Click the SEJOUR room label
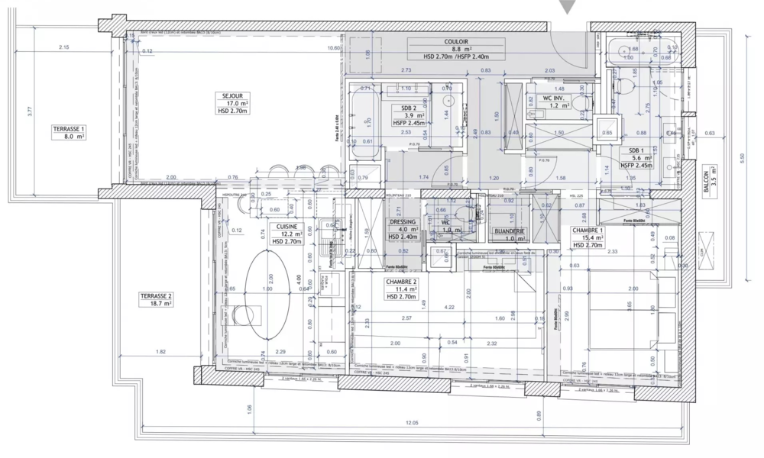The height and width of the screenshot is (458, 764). click(222, 96)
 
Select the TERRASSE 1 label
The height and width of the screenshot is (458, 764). click(69, 129)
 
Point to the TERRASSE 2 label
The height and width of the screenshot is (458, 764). click(155, 295)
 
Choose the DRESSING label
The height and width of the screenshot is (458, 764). click(403, 222)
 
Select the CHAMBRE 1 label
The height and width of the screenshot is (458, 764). click(590, 230)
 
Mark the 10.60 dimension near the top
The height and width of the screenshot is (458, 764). click(333, 48)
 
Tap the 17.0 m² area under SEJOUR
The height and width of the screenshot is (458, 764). click(222, 103)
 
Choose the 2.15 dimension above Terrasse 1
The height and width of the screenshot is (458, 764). click(63, 47)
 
